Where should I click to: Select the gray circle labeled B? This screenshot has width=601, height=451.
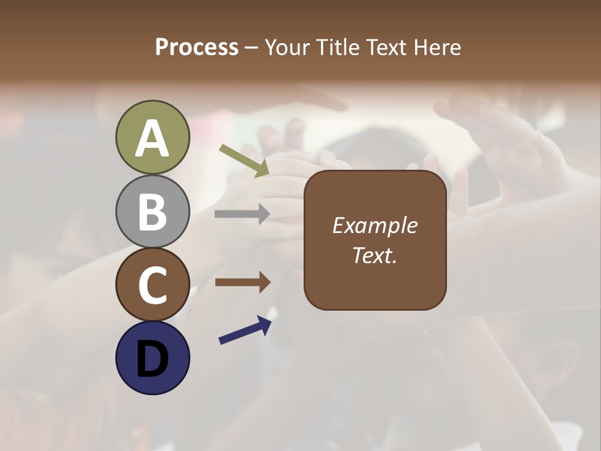click(x=152, y=211)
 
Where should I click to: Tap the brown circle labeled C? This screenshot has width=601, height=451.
click(x=152, y=285)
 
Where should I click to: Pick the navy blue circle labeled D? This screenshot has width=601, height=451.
click(x=152, y=358)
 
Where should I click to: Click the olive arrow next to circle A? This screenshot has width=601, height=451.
click(x=245, y=160)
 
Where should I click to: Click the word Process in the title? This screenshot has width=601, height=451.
click(x=197, y=48)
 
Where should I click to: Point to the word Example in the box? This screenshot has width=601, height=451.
click(x=374, y=225)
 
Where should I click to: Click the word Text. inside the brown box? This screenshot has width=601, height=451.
click(x=374, y=255)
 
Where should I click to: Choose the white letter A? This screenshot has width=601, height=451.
click(x=152, y=138)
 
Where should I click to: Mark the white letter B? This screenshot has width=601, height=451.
click(x=152, y=212)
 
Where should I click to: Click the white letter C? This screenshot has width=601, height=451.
click(x=152, y=286)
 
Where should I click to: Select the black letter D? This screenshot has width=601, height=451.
click(x=152, y=359)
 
